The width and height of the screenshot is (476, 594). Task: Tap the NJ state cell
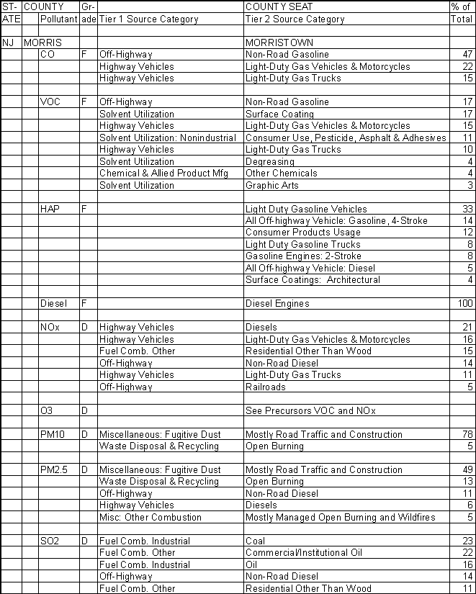[9, 42]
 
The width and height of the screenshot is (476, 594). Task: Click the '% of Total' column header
[460, 13]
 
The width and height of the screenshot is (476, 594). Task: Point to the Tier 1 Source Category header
[148, 19]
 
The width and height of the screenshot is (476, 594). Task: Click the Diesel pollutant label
[53, 304]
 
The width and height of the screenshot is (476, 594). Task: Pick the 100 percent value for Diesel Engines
[465, 304]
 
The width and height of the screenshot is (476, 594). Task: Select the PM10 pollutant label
[53, 434]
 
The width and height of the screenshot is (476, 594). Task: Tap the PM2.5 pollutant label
[55, 470]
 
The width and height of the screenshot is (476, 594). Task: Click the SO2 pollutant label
[50, 541]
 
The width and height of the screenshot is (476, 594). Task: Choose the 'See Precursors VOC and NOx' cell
[310, 410]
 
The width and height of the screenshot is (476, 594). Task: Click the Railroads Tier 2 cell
[265, 387]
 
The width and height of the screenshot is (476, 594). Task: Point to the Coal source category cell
[255, 541]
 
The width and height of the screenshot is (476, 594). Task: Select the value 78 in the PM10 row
[467, 434]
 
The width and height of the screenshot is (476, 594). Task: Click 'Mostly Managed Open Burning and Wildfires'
[341, 518]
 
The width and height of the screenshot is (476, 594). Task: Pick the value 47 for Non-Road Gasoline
[467, 55]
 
